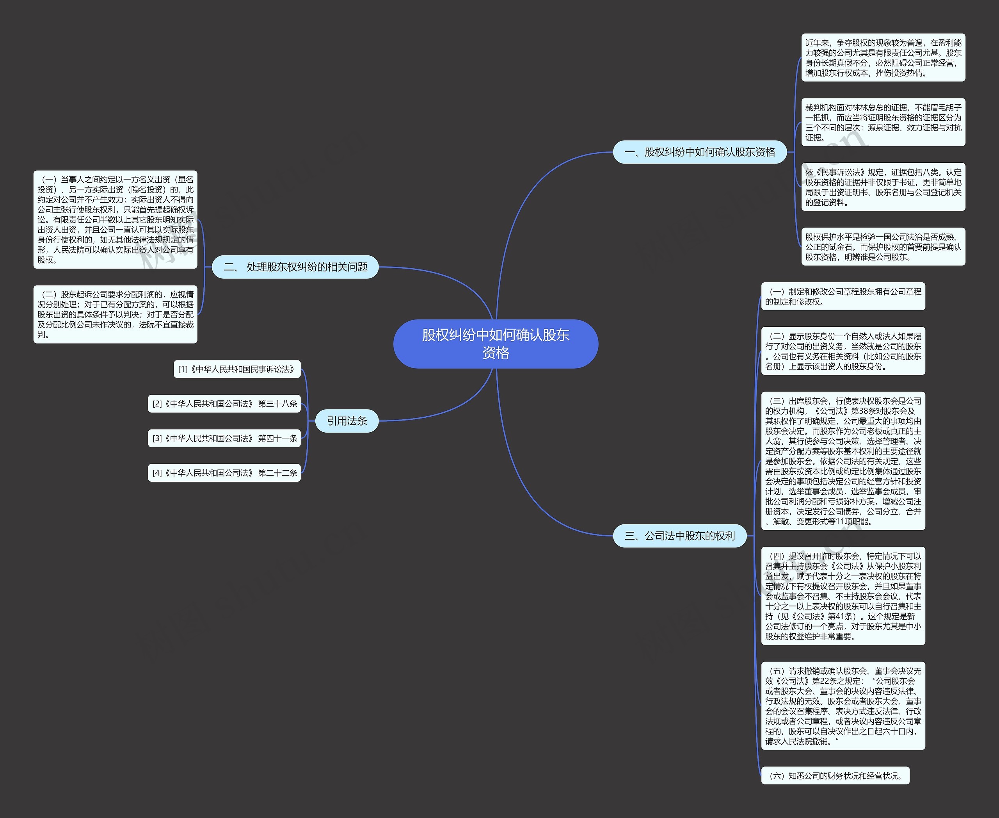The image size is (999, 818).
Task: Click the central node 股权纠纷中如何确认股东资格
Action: (496, 344)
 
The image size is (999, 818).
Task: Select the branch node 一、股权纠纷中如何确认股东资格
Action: (699, 152)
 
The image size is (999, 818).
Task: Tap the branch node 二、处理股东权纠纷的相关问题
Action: (295, 267)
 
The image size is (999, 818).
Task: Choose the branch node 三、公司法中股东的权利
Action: (680, 536)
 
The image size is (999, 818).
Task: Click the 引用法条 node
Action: (347, 421)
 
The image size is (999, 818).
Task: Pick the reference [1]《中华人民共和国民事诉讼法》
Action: (237, 369)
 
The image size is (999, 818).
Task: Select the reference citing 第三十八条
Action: (224, 404)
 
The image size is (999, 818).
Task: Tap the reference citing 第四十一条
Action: (224, 438)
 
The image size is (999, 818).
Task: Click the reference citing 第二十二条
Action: (224, 472)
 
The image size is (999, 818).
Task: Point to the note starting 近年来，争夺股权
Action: (883, 57)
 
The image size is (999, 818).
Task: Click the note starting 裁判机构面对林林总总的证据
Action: (883, 122)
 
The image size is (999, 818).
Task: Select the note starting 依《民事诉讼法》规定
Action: (883, 187)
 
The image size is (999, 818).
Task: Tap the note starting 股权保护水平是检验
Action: (883, 246)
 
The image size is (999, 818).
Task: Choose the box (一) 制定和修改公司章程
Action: (843, 296)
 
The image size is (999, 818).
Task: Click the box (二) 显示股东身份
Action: (843, 351)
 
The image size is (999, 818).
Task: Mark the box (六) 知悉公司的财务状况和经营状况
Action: (835, 775)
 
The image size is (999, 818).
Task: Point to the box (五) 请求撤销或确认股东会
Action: (843, 706)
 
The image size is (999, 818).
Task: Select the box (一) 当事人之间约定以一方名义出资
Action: (116, 219)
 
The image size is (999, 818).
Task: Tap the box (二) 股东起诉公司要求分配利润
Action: (116, 314)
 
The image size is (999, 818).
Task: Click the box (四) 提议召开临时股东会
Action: (843, 595)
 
